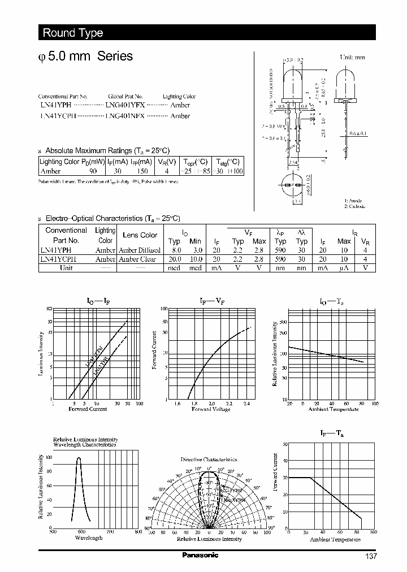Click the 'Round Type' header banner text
73,33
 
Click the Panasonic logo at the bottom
200,555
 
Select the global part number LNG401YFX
125,105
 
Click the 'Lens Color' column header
140,235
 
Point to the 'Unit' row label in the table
66,268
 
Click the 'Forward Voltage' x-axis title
211,409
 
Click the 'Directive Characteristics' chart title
209,460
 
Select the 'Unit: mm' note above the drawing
352,58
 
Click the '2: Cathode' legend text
354,207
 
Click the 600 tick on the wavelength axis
81,532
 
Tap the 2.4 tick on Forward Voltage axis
246,404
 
